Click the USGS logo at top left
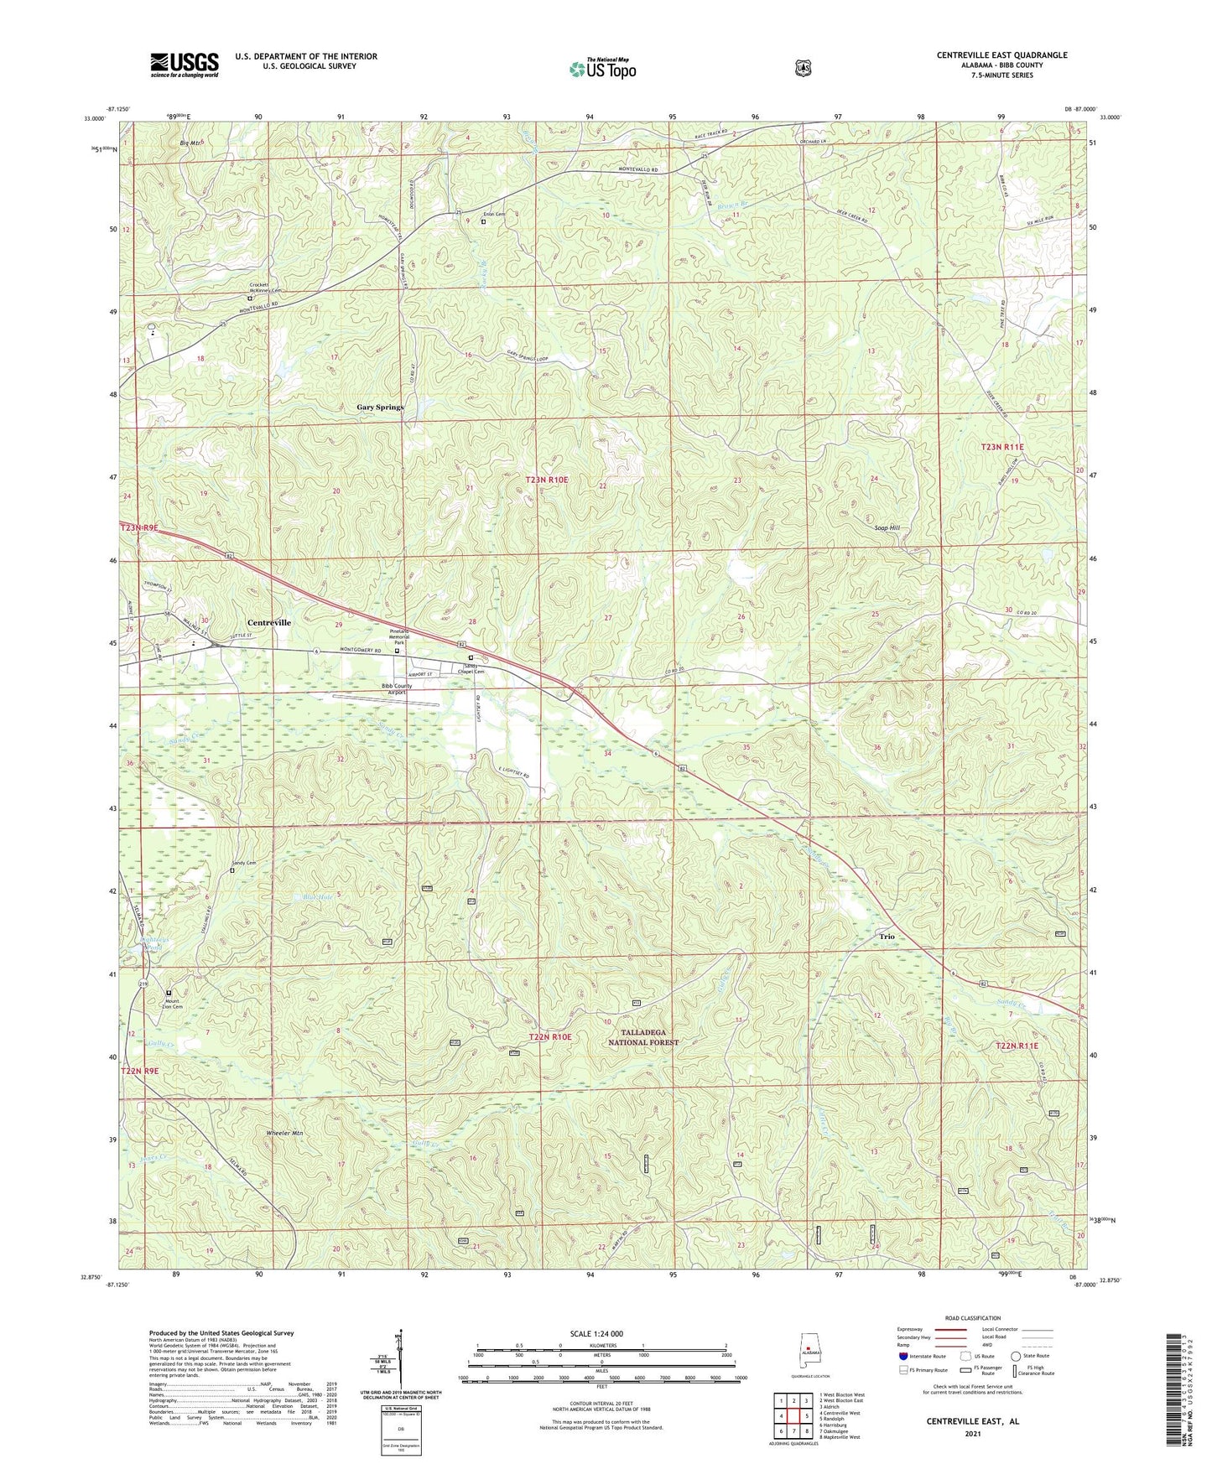tap(184, 65)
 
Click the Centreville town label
tap(269, 623)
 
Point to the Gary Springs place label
tap(380, 407)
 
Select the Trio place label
tap(887, 936)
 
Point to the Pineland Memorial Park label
tap(398, 636)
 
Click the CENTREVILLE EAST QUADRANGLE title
tap(1001, 55)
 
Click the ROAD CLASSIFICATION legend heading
tap(972, 1318)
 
